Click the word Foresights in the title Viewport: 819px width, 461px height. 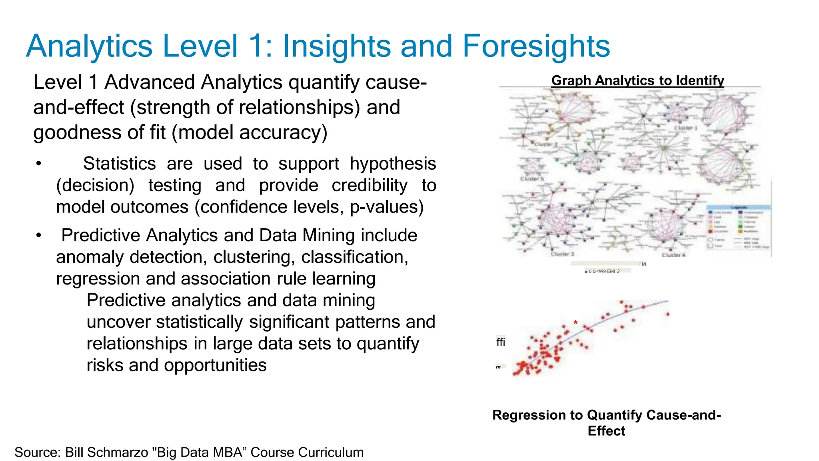pyautogui.click(x=536, y=46)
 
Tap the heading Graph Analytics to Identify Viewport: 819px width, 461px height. pyautogui.click(x=637, y=80)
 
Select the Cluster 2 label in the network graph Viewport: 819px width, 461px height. pyautogui.click(x=545, y=144)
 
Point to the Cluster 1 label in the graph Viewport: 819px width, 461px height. pyautogui.click(x=685, y=128)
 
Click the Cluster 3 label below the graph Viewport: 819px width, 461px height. pyautogui.click(x=562, y=254)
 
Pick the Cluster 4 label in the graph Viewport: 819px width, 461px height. pyautogui.click(x=673, y=255)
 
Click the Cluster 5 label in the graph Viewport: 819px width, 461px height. pyautogui.click(x=532, y=179)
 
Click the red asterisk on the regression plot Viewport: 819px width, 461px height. pyautogui.click(x=575, y=323)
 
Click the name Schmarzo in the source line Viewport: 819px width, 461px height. pyautogui.click(x=118, y=452)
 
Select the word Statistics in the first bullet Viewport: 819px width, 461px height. pyautogui.click(x=119, y=164)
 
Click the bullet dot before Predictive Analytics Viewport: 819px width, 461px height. pyautogui.click(x=38, y=235)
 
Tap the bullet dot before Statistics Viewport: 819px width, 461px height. pyautogui.click(x=38, y=164)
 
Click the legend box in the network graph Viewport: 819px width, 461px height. pyautogui.click(x=738, y=227)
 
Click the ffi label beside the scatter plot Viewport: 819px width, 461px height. pyautogui.click(x=501, y=342)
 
